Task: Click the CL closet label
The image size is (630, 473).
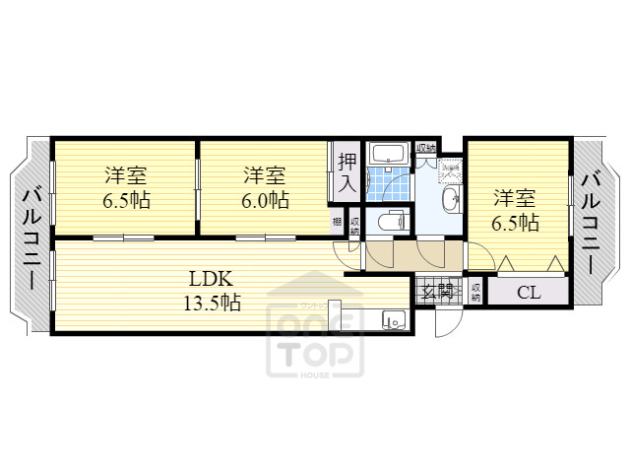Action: coord(528,293)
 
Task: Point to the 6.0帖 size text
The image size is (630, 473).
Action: coord(265,200)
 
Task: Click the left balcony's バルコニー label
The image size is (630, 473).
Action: coord(31,236)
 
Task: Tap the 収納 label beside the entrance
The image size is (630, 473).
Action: coord(475,292)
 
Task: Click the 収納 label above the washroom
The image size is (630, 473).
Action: coord(425,149)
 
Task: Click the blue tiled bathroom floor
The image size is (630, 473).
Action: coord(385,185)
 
